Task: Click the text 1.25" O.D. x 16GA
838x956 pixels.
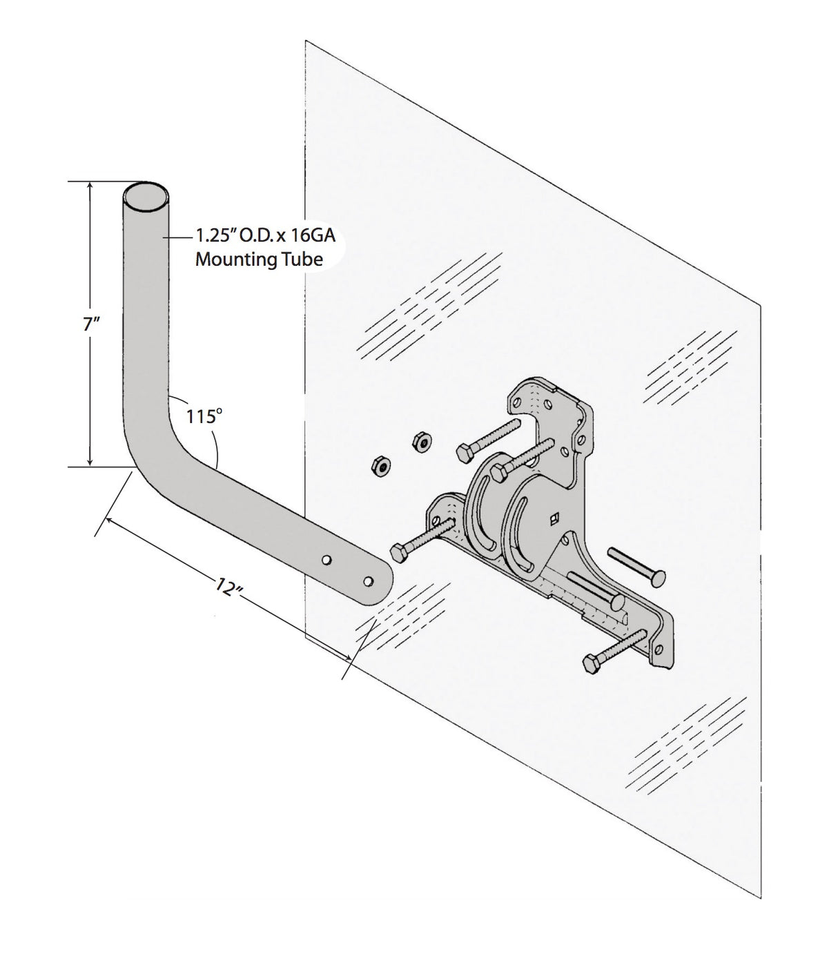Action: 265,236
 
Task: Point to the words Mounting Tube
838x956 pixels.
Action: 258,260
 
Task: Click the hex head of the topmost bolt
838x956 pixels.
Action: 465,452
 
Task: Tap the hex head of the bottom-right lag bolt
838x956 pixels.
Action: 592,663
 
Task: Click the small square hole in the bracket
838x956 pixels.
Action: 552,518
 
